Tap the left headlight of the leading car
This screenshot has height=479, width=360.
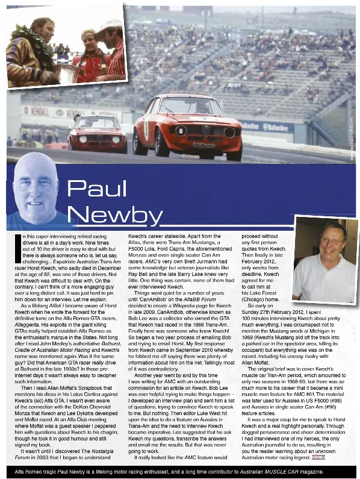point(181,131)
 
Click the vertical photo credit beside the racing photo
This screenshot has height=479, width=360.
point(350,138)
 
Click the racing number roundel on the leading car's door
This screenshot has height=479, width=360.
point(146,130)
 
